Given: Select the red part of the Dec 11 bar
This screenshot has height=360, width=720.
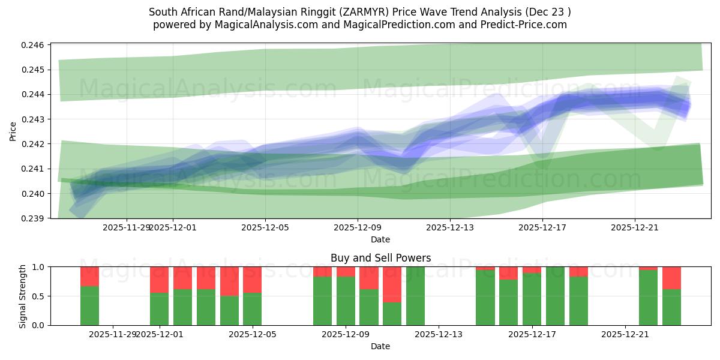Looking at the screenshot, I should point(392,284).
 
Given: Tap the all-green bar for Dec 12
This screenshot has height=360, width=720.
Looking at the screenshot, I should point(415,296).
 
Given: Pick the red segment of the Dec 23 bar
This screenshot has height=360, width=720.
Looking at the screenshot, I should point(671,278).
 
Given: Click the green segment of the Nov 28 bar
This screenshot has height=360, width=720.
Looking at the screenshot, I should point(89,305).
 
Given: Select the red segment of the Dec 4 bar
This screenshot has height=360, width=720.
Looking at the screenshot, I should point(229,281).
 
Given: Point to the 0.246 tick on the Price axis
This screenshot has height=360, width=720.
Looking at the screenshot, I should point(35,46).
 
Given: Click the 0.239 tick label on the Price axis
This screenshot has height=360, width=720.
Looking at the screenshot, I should point(35,218).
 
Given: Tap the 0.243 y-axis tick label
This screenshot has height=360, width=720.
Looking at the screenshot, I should point(35,119).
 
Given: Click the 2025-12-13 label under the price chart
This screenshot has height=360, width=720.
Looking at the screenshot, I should point(450,227).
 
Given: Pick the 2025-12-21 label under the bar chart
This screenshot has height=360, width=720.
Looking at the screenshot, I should point(625,334).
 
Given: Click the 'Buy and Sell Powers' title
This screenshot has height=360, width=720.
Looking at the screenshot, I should point(380,258).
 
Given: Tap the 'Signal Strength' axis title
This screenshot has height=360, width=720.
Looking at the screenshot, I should point(23,296).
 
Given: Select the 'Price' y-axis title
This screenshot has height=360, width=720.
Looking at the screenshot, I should point(13,131).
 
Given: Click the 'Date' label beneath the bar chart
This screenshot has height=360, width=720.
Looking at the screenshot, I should point(380,346).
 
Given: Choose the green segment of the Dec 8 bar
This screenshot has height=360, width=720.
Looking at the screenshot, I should point(322,301).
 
